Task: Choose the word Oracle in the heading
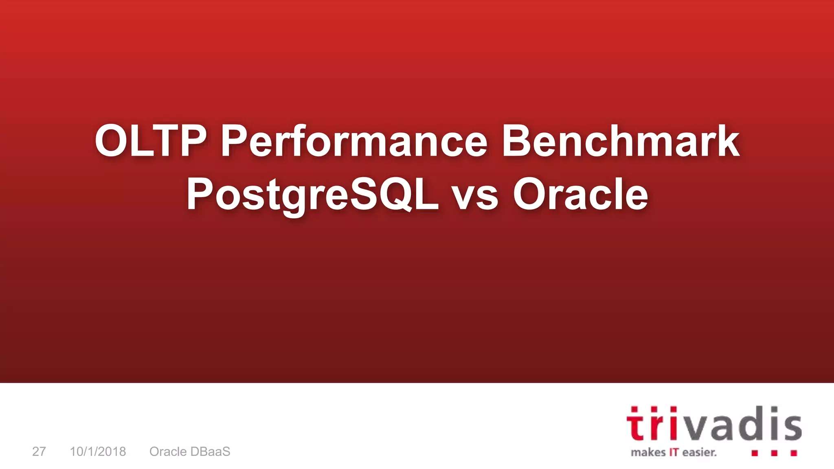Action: tap(580, 195)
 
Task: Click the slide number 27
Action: tap(39, 451)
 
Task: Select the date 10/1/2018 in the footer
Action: tap(98, 451)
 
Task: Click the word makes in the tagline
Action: tap(648, 452)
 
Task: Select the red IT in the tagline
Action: tap(674, 452)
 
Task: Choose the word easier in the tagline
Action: tap(699, 452)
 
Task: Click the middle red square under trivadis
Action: tap(774, 453)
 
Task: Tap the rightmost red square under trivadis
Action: tap(794, 453)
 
